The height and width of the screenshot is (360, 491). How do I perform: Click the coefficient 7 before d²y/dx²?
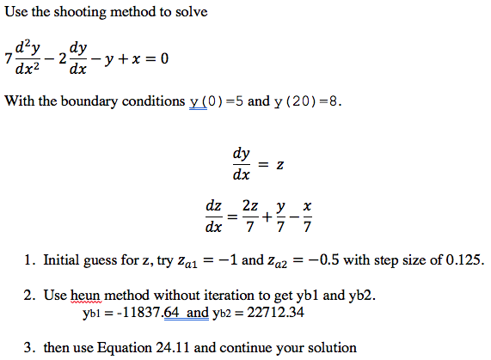[8, 59]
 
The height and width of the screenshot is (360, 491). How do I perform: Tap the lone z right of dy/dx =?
[279, 164]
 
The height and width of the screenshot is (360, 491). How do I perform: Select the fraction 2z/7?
[249, 219]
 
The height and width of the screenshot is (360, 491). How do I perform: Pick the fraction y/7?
[280, 219]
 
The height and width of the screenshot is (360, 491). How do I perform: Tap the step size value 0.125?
[465, 259]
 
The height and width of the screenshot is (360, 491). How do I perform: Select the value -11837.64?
[132, 312]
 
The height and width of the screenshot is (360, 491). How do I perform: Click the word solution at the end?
[330, 348]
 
